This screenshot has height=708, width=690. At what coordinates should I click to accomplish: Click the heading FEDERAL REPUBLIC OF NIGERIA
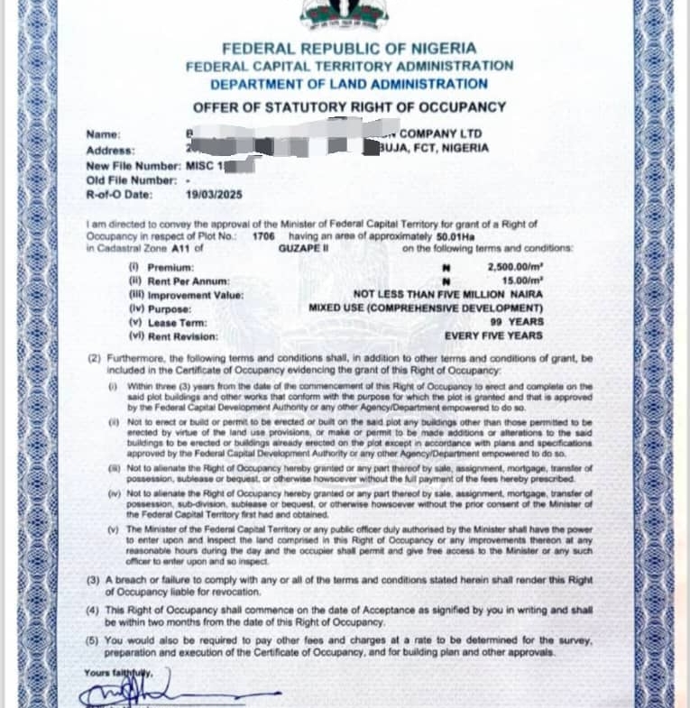pyautogui.click(x=349, y=49)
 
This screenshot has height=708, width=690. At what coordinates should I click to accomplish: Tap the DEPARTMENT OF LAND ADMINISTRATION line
pyautogui.click(x=349, y=84)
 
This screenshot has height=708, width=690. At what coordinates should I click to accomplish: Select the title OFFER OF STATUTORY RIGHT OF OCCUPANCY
pyautogui.click(x=350, y=107)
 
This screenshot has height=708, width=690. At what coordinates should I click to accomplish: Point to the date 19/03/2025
pyautogui.click(x=211, y=193)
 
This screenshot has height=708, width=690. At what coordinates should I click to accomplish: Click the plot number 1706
pyautogui.click(x=263, y=234)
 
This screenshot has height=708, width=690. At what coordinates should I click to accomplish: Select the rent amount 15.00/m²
pyautogui.click(x=520, y=280)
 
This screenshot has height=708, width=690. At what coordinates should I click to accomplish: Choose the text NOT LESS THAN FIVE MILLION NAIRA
pyautogui.click(x=447, y=294)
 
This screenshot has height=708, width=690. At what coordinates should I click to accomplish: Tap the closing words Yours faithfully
pyautogui.click(x=118, y=673)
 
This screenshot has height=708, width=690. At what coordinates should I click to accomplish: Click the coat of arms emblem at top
pyautogui.click(x=347, y=14)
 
